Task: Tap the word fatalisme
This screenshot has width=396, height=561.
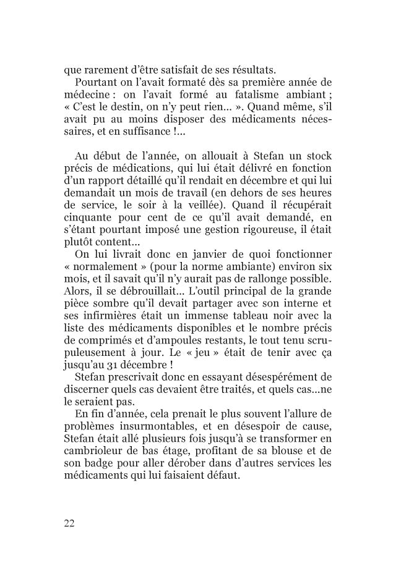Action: tap(234, 95)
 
